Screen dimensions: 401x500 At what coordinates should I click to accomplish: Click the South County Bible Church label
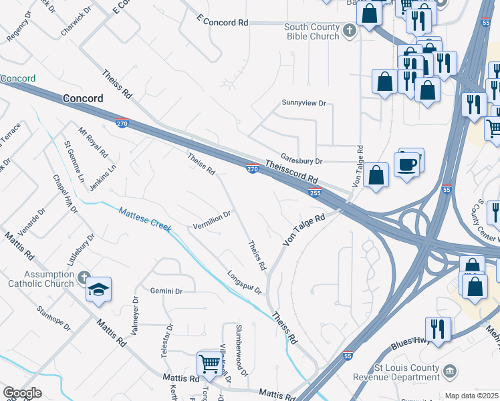[311, 31]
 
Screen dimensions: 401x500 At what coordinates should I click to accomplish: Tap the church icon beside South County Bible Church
[348, 30]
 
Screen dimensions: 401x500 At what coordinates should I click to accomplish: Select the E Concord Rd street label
[223, 22]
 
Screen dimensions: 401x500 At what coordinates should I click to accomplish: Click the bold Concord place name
[83, 98]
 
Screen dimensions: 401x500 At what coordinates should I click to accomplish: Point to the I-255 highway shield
[315, 192]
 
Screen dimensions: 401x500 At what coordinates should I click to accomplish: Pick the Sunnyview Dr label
[303, 104]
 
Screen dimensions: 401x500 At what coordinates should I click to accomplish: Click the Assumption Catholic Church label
[39, 279]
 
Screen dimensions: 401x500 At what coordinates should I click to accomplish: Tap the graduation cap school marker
[98, 289]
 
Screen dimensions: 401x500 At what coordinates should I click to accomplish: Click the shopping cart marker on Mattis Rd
[210, 364]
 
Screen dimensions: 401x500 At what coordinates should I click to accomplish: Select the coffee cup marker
[407, 164]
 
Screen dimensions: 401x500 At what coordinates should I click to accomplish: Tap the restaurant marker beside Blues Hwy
[438, 329]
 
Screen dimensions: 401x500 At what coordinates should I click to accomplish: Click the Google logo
[21, 393]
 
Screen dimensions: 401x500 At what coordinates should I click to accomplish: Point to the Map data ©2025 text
[471, 396]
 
